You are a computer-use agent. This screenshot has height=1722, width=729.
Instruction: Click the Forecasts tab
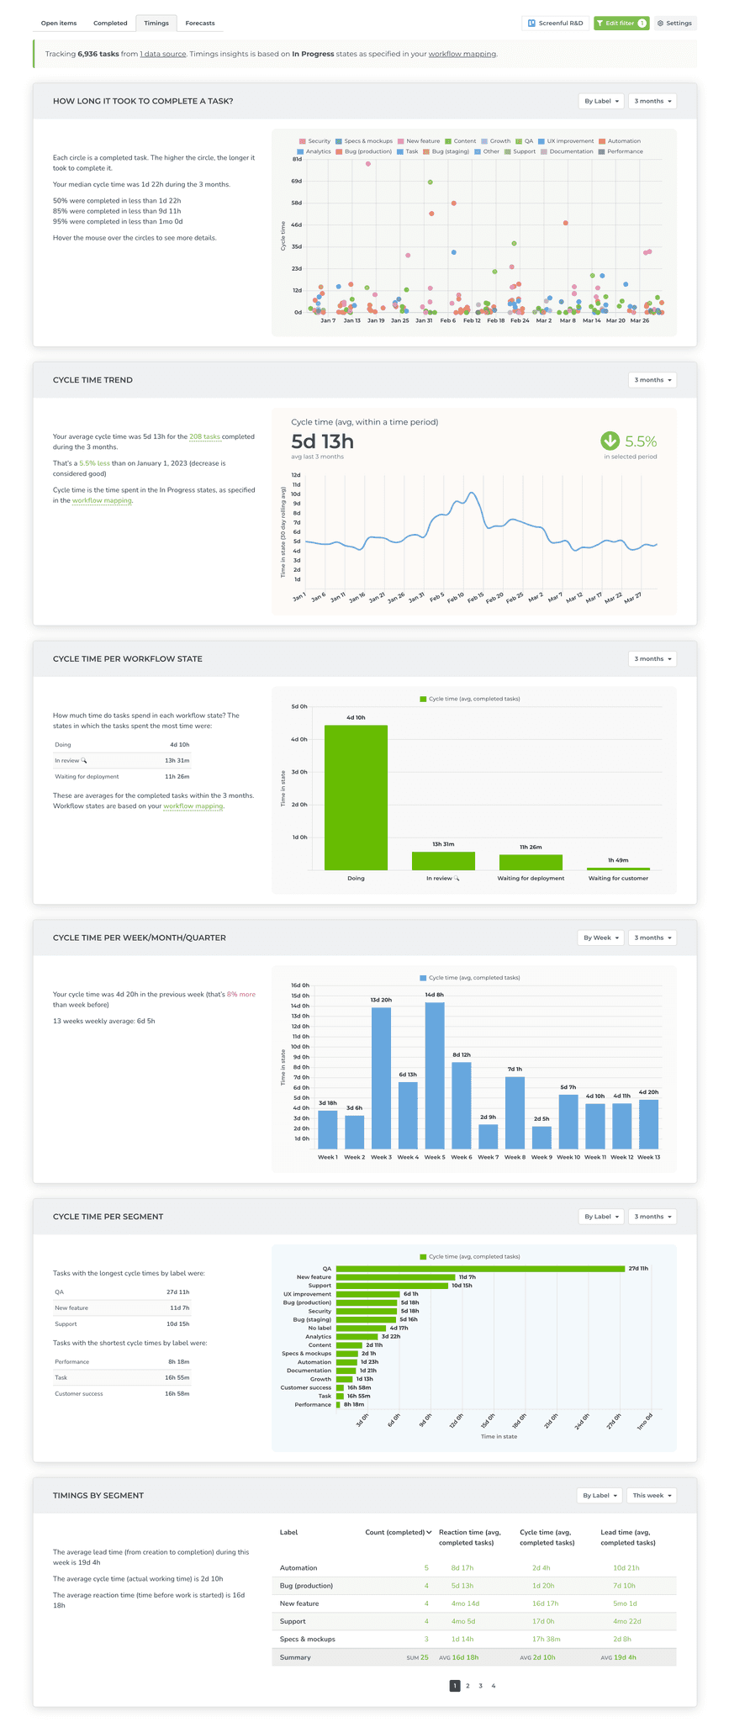(199, 24)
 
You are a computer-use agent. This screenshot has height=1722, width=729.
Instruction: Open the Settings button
(674, 24)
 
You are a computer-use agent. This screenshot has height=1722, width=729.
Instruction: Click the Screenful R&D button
(555, 24)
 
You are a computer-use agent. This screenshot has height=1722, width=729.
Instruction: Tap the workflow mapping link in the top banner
(462, 54)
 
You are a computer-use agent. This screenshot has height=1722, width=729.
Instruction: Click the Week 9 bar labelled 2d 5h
(541, 1137)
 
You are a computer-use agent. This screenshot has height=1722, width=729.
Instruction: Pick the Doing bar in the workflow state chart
(356, 797)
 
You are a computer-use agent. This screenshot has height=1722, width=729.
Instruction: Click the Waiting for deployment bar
(531, 862)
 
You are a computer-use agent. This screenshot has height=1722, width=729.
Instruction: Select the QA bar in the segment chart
(480, 1269)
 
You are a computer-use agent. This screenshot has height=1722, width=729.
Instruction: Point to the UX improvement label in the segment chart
(307, 1294)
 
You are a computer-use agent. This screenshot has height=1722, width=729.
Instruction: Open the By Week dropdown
(601, 938)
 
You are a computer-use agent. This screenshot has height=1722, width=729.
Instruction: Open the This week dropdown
(652, 1496)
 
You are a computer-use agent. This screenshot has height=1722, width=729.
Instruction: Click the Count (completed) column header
(398, 1533)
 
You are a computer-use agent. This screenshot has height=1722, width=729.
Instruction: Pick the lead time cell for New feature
(625, 1603)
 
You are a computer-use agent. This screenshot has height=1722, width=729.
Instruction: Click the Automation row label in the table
(298, 1568)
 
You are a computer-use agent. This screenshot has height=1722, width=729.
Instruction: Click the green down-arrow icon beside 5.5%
(610, 441)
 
